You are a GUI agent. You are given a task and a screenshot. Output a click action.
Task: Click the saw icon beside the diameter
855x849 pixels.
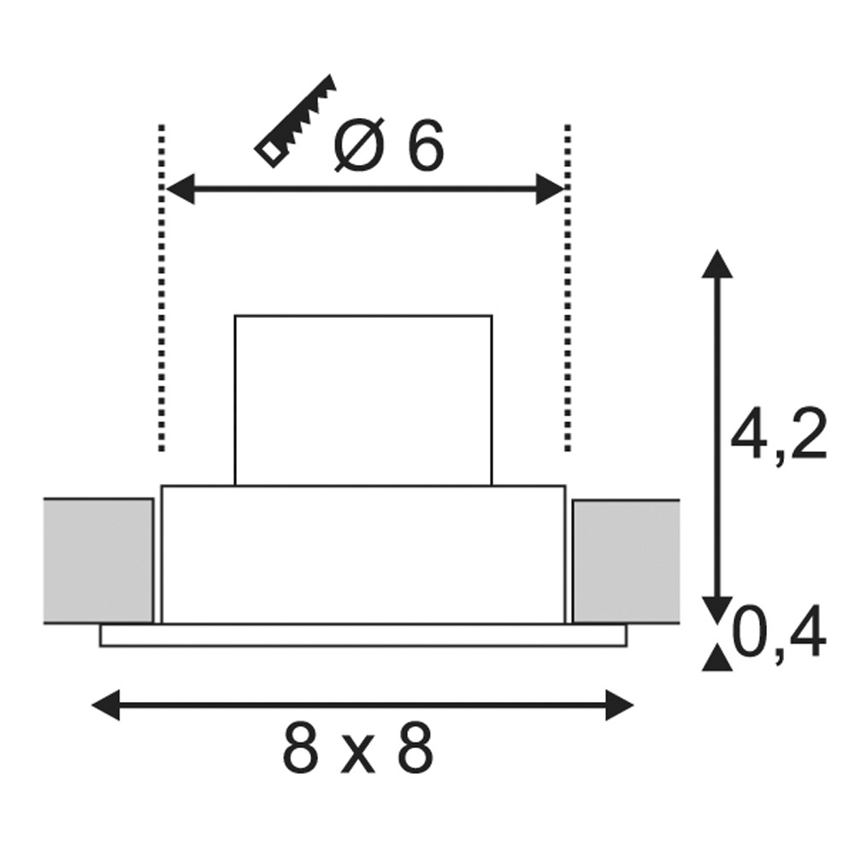294,121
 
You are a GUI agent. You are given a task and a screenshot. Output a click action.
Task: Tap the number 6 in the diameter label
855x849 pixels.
425,145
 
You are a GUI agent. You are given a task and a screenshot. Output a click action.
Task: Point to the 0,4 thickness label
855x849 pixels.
779,633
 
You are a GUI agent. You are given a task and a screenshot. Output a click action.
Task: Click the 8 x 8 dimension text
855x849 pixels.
358,747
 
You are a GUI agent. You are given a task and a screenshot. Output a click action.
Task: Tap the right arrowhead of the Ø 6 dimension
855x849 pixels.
550,189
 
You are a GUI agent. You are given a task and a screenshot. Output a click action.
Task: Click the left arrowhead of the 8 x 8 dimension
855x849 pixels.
106,705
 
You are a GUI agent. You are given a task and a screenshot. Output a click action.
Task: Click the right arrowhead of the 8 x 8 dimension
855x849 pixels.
619,705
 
